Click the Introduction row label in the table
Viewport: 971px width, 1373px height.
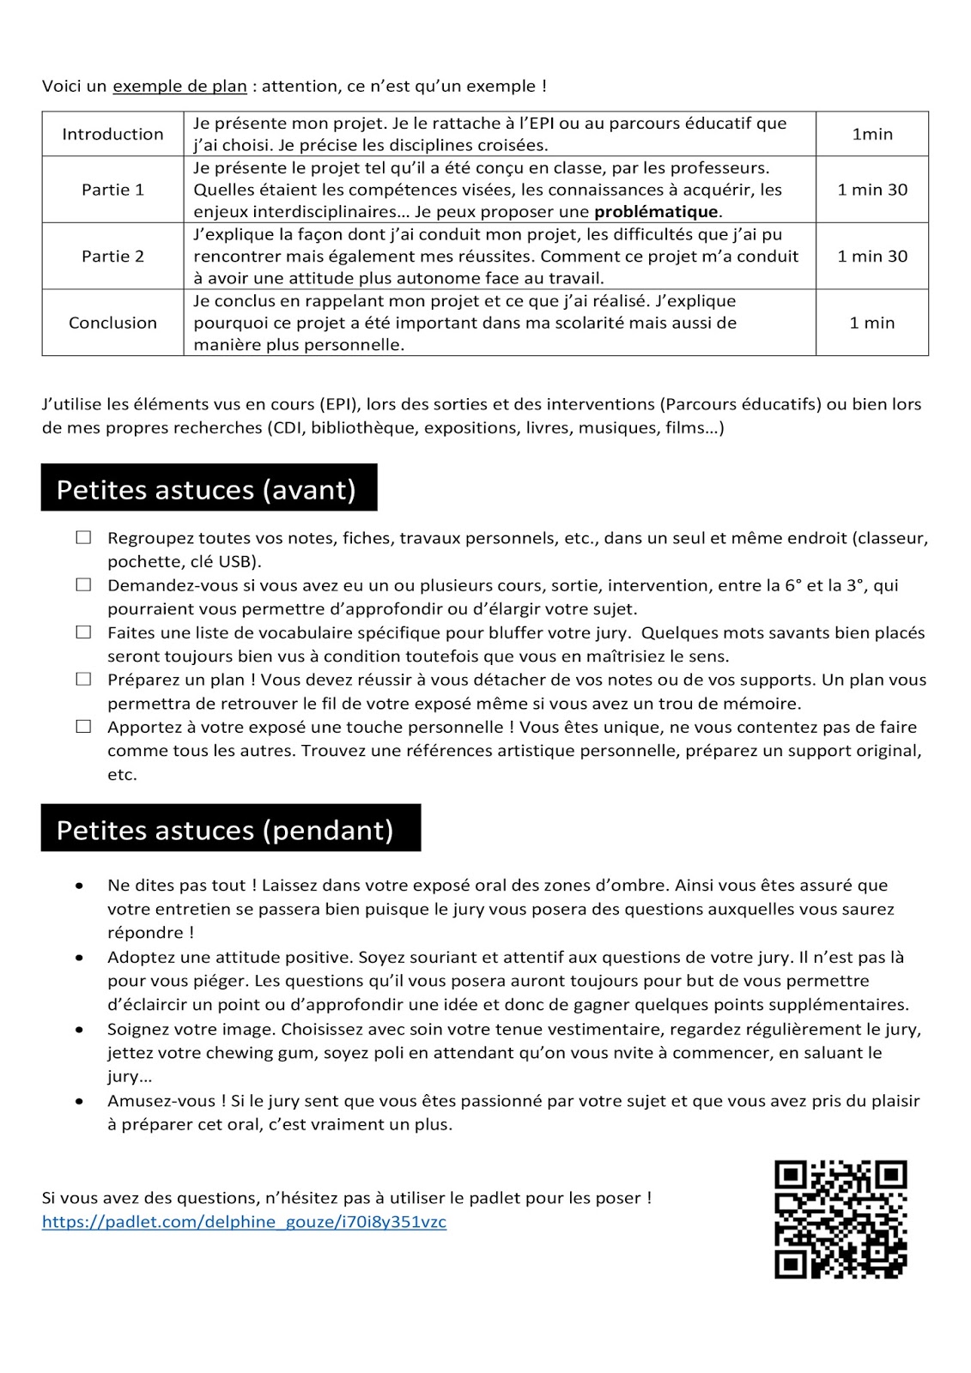[112, 134]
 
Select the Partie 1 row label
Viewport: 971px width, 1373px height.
[112, 190]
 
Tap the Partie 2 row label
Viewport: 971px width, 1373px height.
[112, 256]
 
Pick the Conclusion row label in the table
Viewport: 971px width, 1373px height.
[112, 323]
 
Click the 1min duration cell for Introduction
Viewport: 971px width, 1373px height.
[872, 134]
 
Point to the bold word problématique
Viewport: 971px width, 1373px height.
[657, 212]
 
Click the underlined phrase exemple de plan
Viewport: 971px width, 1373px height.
[179, 86]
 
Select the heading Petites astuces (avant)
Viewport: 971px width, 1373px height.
[206, 489]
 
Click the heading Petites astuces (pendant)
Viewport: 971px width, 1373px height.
[225, 830]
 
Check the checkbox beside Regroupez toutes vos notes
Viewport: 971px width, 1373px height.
[83, 537]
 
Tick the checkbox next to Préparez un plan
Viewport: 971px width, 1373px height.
[83, 679]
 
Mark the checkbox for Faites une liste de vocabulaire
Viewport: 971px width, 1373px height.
[83, 632]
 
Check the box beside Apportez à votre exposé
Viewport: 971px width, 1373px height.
[83, 726]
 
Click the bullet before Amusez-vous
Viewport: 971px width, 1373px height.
[80, 1101]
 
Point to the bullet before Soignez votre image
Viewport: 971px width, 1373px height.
[80, 1030]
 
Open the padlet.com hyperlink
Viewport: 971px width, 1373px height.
[244, 1222]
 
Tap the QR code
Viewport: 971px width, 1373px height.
[841, 1219]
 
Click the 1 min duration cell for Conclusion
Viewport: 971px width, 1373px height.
[872, 323]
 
